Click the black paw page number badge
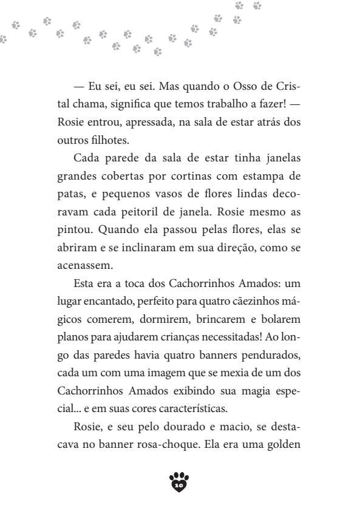click(180, 481)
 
